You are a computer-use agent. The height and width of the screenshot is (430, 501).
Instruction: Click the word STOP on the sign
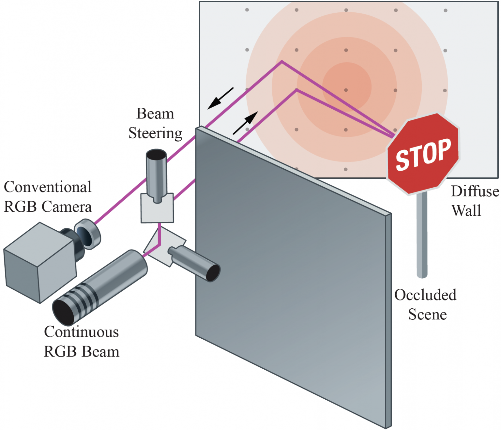tap(423, 155)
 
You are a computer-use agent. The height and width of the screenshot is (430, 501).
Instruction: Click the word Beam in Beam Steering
tap(155, 114)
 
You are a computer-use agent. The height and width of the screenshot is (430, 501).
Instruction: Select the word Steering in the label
tap(155, 133)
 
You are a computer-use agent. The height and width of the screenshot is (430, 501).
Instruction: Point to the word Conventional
tap(48, 187)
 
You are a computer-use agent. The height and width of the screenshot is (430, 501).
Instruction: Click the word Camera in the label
tap(67, 207)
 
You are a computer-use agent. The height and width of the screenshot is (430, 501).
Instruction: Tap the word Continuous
tap(82, 331)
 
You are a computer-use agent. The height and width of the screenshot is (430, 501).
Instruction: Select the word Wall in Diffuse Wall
tap(466, 210)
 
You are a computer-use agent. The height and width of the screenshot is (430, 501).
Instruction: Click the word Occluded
tap(425, 295)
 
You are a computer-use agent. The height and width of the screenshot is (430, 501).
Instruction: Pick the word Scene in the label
tap(428, 315)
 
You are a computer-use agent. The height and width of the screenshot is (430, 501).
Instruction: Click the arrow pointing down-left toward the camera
tap(220, 98)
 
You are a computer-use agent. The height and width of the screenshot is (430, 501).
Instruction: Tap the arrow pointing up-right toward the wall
tap(245, 123)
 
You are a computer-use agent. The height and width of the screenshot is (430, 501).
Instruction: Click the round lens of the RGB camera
tap(87, 234)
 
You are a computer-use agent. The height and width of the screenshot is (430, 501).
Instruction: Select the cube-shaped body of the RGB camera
tap(40, 263)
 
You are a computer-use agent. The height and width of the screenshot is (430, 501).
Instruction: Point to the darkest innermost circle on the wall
tap(347, 87)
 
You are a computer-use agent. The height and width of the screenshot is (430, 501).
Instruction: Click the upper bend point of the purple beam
tap(281, 61)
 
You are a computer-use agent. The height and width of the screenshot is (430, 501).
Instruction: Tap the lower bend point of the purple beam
tap(296, 90)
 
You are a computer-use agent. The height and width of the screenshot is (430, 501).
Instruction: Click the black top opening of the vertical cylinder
tap(157, 154)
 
